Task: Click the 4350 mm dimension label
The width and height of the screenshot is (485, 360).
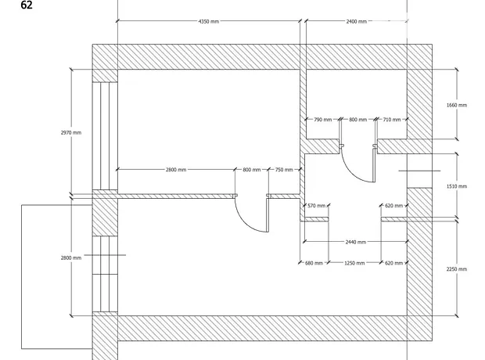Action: tap(209, 21)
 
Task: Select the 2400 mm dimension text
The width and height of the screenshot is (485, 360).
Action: tap(357, 21)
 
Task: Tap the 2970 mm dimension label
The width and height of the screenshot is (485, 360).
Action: tap(71, 132)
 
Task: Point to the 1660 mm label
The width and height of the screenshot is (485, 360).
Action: tap(457, 105)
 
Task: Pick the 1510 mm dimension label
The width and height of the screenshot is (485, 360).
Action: tap(457, 186)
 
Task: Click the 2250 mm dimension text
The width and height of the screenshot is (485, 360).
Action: tap(457, 269)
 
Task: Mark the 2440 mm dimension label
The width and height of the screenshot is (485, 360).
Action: tap(356, 242)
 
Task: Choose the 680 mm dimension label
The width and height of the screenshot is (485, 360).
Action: tap(314, 263)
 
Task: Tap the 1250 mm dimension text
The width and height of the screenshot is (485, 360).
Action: tap(354, 263)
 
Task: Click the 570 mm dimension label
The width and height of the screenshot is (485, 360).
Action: tap(317, 206)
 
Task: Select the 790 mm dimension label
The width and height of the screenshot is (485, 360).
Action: tap(322, 120)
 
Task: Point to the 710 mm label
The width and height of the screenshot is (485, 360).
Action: tap(392, 120)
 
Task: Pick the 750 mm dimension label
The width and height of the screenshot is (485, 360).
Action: tap(284, 170)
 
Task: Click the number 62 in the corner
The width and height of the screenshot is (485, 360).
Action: tap(27, 5)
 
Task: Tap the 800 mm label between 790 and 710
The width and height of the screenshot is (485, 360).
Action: tap(357, 120)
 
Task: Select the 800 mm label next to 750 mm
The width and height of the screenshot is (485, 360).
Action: tap(251, 170)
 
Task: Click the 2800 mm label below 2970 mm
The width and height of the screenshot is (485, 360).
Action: tap(71, 257)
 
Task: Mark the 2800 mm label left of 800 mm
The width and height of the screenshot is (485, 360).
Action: tap(176, 170)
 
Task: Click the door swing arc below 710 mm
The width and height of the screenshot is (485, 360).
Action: tap(351, 171)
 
